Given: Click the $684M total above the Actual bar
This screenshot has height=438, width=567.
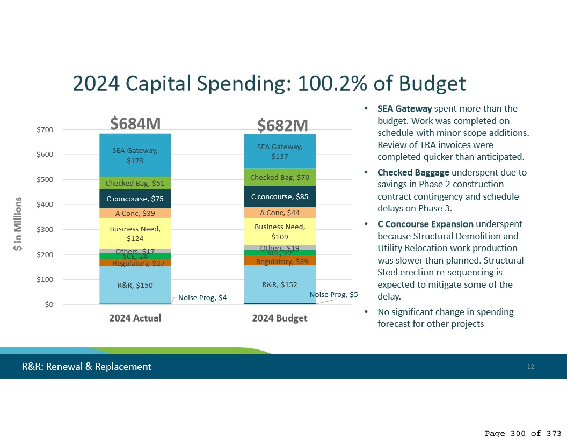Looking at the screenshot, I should tap(135, 124).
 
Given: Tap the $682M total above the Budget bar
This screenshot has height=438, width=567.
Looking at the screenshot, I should tap(282, 126).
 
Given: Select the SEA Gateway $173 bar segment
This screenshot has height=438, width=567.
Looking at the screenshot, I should tap(135, 155).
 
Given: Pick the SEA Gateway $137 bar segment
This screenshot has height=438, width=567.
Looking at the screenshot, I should tap(280, 151).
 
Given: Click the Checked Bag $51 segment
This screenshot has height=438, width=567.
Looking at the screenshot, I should tap(135, 183).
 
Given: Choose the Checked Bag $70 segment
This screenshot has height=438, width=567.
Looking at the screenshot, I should tap(280, 177).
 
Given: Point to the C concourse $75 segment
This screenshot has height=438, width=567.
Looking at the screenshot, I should tap(135, 199).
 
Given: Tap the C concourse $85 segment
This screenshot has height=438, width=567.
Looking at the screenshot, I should tap(280, 196).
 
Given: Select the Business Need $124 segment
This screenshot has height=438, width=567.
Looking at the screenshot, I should tap(135, 233).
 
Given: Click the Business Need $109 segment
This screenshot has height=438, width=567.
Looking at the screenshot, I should tap(280, 231).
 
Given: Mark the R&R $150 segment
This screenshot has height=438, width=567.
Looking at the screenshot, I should tap(135, 285).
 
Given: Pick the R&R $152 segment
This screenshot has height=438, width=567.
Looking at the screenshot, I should tap(280, 284).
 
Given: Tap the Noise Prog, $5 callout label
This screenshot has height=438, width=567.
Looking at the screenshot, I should tap(333, 295).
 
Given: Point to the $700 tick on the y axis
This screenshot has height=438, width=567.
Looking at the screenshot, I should tap(45, 130).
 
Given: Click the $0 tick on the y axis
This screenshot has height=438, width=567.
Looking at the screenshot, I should tap(48, 305).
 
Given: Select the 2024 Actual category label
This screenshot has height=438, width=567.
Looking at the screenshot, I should tap(135, 318).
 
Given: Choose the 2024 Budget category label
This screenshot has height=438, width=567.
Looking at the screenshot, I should tap(280, 318).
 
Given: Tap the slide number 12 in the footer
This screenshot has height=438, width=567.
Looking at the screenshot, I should tap(530, 367).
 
